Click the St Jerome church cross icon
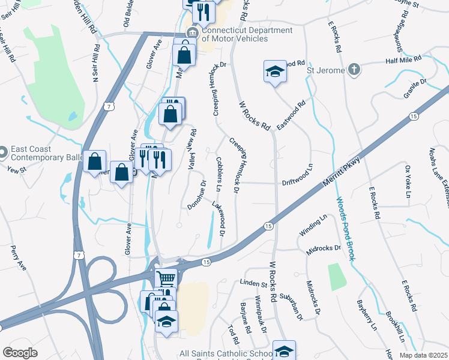(355, 70)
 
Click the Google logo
(20, 353)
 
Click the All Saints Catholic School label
(227, 355)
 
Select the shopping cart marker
(166, 278)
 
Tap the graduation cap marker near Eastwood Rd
(274, 72)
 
